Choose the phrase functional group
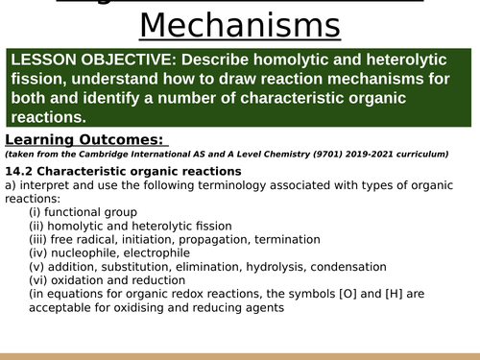click(x=96, y=212)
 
